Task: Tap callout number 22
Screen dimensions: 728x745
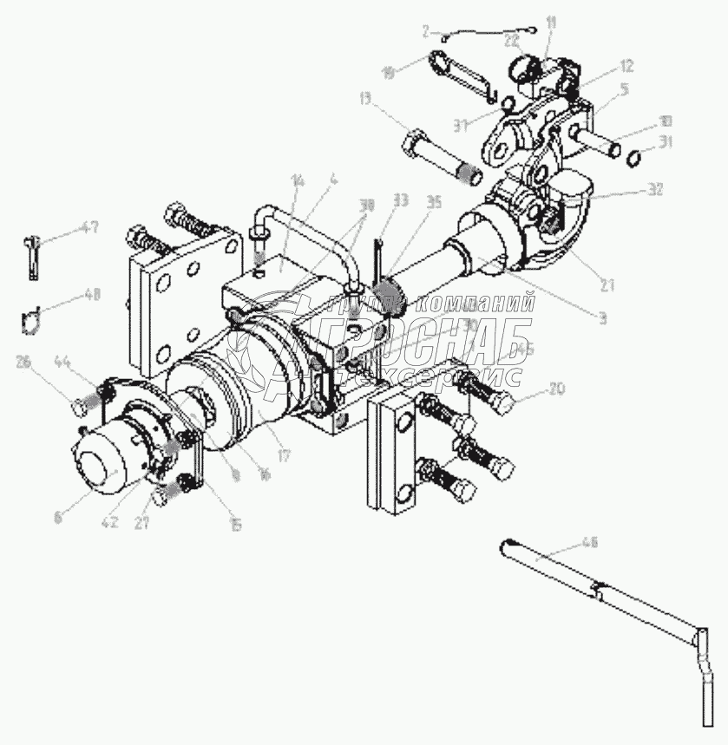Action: [x=512, y=40]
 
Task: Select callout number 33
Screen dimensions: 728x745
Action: [x=400, y=200]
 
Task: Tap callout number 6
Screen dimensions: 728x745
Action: [x=58, y=518]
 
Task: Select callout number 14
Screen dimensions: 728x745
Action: [x=298, y=181]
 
